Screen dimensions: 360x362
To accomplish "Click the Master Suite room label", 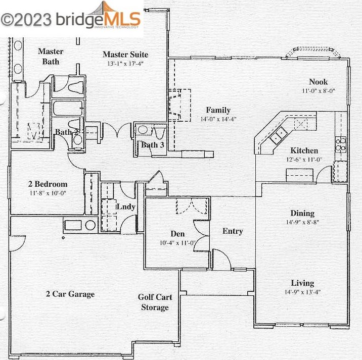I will (x=125, y=55).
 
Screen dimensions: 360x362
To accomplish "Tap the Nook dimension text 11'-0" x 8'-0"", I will (x=319, y=91).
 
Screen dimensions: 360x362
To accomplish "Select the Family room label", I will (x=218, y=110).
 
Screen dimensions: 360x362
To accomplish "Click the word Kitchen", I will (x=304, y=150).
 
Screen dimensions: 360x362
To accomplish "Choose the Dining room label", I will (x=302, y=213).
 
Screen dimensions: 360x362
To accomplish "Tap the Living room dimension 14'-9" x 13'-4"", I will (x=302, y=292).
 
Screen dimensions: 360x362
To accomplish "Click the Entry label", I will (x=233, y=231).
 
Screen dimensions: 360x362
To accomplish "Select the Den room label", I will (x=177, y=234).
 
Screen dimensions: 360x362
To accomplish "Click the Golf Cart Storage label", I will (x=155, y=302).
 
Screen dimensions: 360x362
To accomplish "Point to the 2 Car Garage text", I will (x=70, y=294).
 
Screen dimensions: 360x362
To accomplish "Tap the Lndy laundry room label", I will (x=125, y=207).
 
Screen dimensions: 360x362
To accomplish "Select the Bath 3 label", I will (x=153, y=145).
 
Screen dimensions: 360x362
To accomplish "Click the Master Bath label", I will (x=51, y=57).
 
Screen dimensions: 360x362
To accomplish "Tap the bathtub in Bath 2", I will (x=68, y=109).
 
